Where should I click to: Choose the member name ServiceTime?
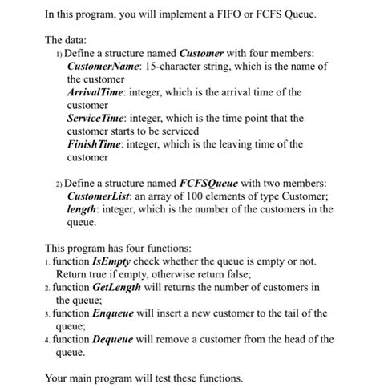[95, 118]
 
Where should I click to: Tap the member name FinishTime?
[93, 144]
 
